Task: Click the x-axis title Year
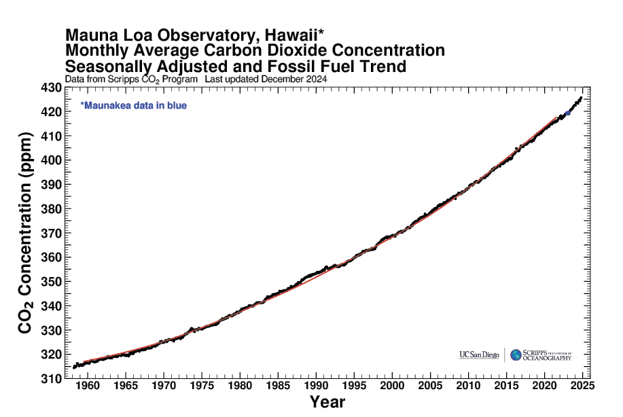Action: [327, 402]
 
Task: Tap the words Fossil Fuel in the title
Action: [312, 67]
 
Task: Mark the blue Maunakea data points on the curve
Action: [568, 113]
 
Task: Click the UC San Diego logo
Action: [479, 355]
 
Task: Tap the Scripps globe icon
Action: [516, 355]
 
